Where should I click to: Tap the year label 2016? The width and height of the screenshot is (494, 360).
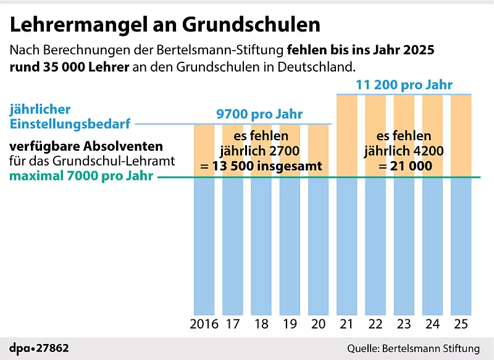(x=204, y=324)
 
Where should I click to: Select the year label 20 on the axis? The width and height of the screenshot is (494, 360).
(x=319, y=324)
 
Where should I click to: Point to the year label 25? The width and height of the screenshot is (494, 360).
(x=461, y=324)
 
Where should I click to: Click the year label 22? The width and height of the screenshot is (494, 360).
(x=375, y=324)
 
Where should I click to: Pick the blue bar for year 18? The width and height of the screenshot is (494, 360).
(x=261, y=247)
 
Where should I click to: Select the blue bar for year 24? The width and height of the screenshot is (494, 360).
(x=432, y=247)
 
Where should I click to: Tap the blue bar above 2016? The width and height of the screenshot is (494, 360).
(x=204, y=247)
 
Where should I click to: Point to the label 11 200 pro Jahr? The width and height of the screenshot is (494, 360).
(x=404, y=85)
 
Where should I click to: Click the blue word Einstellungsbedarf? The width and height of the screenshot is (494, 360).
(x=70, y=124)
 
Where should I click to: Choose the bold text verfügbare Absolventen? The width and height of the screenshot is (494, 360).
(x=86, y=147)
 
